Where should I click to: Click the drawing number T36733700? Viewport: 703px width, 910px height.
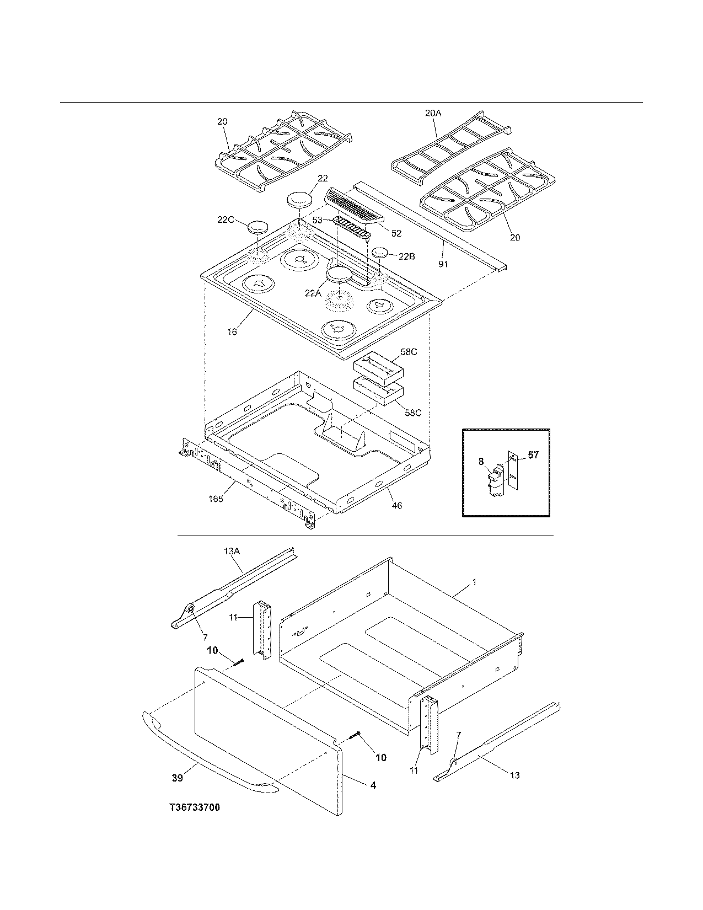click(x=195, y=807)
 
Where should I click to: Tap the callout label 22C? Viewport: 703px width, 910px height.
click(x=225, y=220)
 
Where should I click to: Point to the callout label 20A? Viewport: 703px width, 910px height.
click(x=433, y=113)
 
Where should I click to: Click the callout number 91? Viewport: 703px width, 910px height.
click(x=443, y=264)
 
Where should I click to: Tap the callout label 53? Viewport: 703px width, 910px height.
click(x=318, y=220)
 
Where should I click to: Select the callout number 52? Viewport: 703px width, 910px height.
click(x=396, y=233)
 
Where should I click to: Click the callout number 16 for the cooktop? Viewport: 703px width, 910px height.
click(x=232, y=331)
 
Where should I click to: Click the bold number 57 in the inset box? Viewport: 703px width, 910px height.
click(x=533, y=455)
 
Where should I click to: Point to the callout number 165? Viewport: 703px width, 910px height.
click(x=216, y=499)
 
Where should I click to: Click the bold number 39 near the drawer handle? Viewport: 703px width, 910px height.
click(x=177, y=778)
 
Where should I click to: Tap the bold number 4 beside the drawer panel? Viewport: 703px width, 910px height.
click(x=373, y=785)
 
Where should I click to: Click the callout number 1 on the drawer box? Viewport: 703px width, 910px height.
click(x=474, y=582)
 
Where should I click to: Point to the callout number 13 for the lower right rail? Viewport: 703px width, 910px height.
click(x=514, y=775)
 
